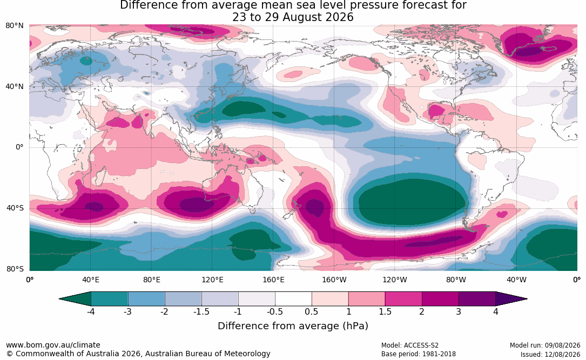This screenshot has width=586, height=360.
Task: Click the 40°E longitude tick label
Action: [90, 280]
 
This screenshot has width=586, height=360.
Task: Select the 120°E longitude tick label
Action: [212, 280]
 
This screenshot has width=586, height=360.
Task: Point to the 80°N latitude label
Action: [15, 26]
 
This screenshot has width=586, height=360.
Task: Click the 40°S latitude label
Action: [15, 208]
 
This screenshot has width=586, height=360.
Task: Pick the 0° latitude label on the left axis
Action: [19, 147]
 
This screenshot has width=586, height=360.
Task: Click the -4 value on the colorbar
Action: [90, 311]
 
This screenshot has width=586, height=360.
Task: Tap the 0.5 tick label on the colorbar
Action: [312, 311]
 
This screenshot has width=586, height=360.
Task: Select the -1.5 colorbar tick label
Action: [201, 311]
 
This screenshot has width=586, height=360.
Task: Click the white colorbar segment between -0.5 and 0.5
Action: [293, 299]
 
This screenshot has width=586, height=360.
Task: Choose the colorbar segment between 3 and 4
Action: [477, 299]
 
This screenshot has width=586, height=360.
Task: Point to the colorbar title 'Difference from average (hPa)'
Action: [293, 326]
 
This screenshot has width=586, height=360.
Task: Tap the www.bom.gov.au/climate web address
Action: [53, 345]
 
